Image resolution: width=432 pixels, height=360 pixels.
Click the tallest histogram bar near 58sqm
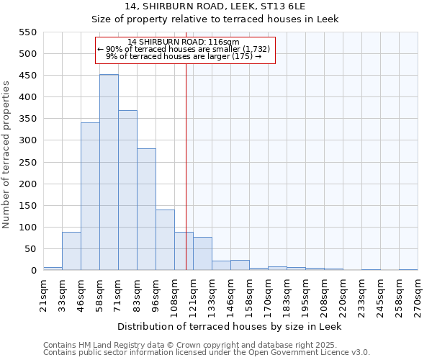[x=109, y=173]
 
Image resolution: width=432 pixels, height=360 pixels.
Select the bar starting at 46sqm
[x=90, y=197]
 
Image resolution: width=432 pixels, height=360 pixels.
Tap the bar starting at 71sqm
[x=127, y=191]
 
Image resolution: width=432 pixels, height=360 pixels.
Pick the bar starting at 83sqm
[x=146, y=210]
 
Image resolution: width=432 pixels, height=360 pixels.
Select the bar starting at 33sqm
[x=71, y=251]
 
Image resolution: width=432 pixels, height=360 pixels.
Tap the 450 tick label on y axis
[x=27, y=76]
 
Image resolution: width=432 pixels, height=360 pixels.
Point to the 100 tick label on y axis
[x=27, y=228]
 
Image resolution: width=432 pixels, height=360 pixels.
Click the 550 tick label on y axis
[x=27, y=32]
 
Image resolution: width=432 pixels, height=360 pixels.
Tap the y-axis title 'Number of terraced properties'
[x=7, y=155]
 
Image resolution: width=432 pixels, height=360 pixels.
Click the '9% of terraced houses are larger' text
[x=184, y=56]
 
